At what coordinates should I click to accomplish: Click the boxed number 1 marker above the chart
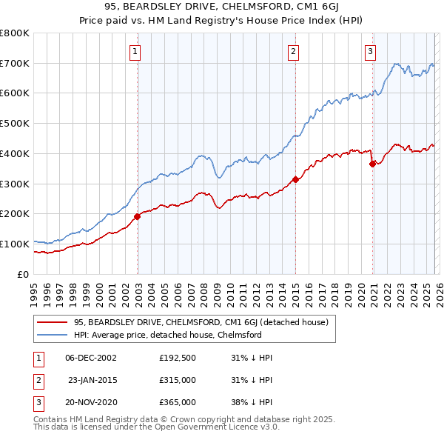click(x=136, y=51)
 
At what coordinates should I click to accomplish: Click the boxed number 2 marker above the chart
click(x=294, y=51)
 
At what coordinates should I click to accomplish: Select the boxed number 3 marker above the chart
click(x=370, y=51)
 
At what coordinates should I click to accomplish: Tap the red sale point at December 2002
click(x=138, y=217)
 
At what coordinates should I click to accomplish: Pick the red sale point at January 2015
click(x=295, y=179)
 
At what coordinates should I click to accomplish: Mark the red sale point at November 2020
click(x=372, y=164)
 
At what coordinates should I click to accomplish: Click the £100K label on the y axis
click(x=15, y=244)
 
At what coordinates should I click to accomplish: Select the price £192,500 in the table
click(x=177, y=358)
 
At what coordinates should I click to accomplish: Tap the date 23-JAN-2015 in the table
click(x=92, y=380)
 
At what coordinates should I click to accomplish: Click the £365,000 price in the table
click(x=177, y=402)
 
